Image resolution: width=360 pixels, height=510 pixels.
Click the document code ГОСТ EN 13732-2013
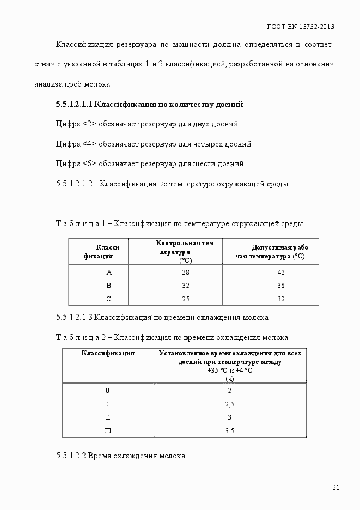point(301,26)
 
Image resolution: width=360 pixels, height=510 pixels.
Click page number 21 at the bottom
point(335,488)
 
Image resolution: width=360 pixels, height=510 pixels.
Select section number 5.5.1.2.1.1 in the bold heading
point(76,104)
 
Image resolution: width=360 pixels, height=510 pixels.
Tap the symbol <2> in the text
point(89,124)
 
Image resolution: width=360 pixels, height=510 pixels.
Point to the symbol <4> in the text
point(89,144)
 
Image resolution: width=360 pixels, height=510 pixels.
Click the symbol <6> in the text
point(89,164)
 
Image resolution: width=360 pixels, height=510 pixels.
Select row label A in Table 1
point(108,272)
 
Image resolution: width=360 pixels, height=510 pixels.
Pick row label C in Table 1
point(108,299)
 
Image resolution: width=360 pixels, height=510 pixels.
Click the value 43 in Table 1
point(281,272)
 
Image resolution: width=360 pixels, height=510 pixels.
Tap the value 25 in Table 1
point(185,299)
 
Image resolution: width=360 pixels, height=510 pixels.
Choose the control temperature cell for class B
point(185,286)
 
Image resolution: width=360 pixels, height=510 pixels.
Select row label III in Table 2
point(108,431)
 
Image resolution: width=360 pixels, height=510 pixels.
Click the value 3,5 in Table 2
point(229,431)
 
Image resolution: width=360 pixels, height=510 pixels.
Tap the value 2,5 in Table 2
point(229,404)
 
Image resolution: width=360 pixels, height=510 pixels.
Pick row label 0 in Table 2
point(108,391)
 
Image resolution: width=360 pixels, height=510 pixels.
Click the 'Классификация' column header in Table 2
point(108,353)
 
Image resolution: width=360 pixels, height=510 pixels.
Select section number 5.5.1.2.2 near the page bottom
point(71,456)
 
